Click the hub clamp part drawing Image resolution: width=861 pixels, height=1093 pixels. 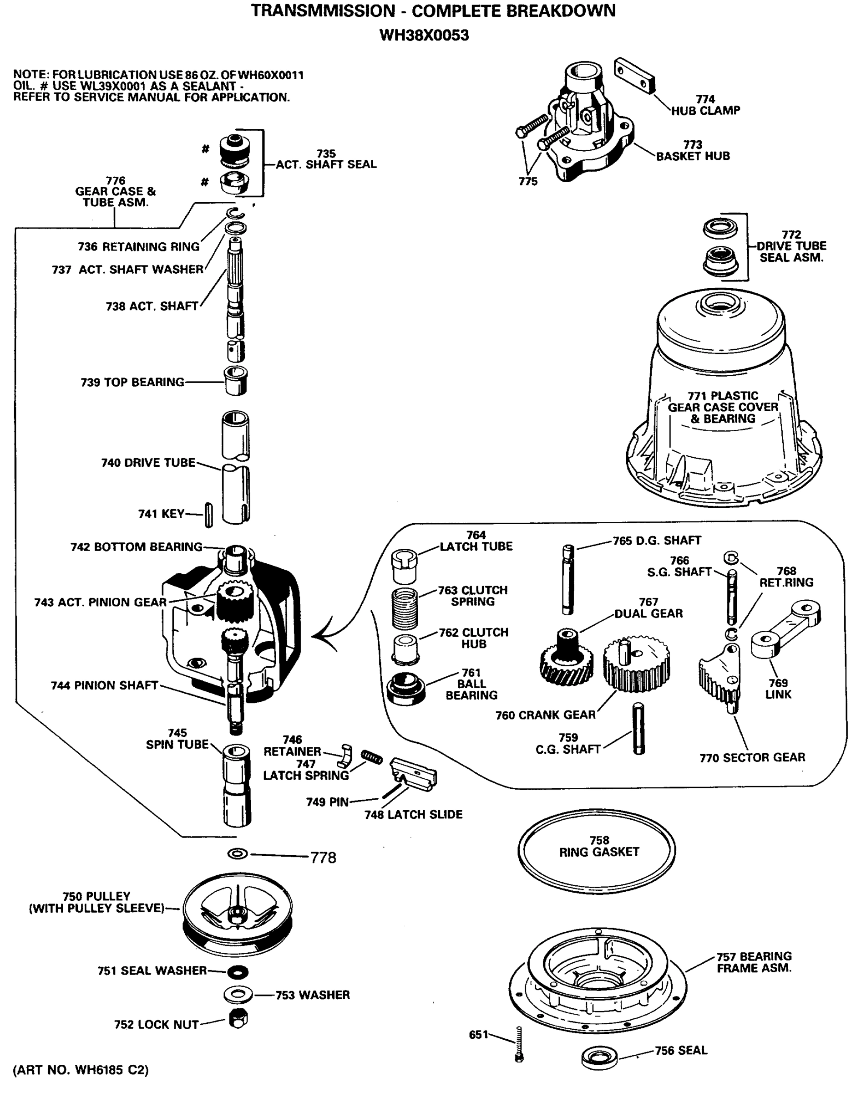634,76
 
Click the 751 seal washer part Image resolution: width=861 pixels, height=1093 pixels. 238,971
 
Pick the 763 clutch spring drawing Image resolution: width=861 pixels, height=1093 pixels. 405,608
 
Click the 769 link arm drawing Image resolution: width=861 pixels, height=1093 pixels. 785,628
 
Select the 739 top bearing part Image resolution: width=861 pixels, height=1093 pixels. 235,381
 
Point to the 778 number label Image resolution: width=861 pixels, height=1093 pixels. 323,858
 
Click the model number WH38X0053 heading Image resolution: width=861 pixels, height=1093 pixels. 424,36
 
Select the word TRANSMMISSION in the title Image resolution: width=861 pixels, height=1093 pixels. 323,10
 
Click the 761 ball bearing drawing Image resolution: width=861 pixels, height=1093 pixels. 406,688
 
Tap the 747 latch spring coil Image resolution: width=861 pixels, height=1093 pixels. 372,756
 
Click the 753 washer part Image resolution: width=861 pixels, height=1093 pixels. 238,995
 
